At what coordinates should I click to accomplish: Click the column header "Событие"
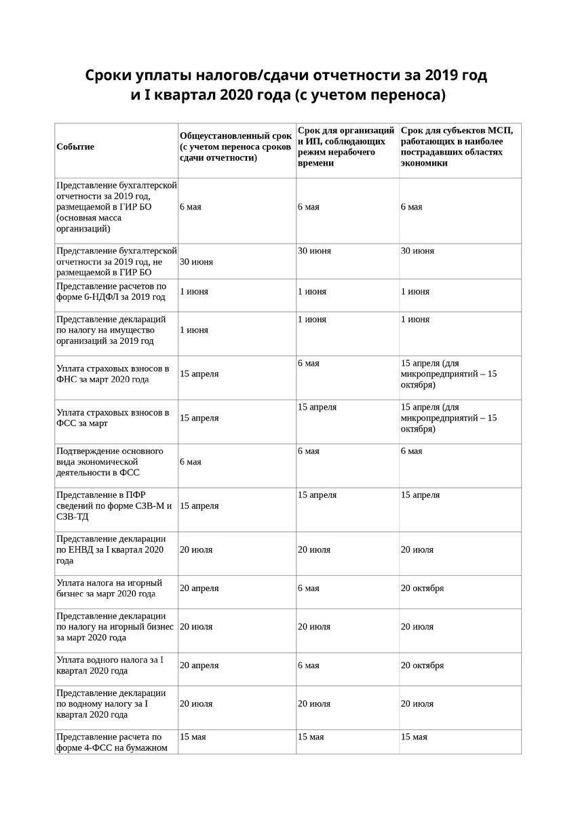75,147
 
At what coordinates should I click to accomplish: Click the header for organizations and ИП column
346,147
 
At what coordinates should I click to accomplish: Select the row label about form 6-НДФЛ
111,291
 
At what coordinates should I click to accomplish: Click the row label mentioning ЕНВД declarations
111,549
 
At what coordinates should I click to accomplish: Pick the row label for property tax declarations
108,330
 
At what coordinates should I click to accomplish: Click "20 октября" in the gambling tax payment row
422,588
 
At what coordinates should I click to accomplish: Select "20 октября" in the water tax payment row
422,665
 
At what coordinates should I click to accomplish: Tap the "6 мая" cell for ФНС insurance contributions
308,364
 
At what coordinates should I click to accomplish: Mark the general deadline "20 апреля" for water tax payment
199,665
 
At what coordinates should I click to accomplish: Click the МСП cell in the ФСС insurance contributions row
448,418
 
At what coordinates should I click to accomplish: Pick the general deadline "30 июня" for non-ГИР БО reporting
196,261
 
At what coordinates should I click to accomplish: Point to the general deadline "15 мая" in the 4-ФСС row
193,737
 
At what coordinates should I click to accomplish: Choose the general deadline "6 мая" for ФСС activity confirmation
190,462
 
